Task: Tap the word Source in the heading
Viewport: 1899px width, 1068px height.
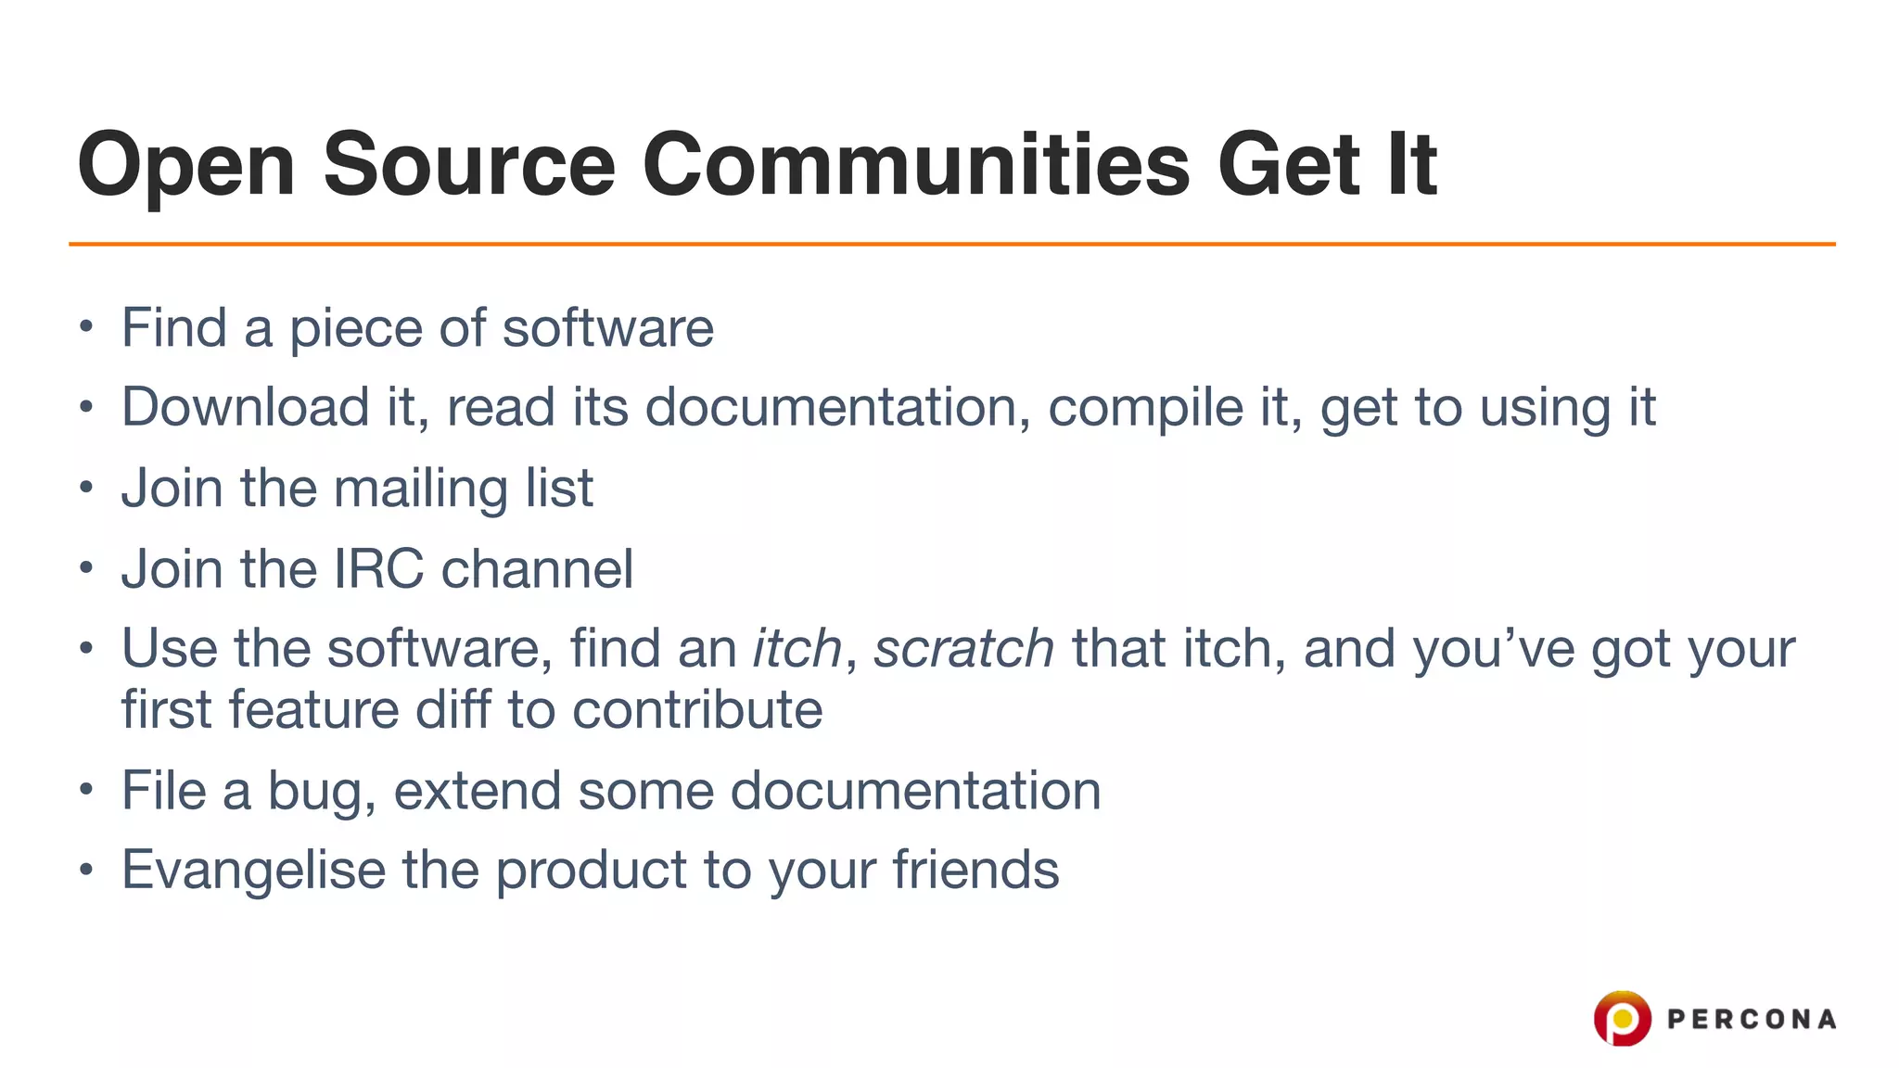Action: point(468,165)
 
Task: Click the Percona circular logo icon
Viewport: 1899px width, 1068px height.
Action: point(1622,1018)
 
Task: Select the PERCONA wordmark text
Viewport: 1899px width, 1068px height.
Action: point(1751,1020)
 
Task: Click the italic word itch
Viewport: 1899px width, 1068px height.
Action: point(797,648)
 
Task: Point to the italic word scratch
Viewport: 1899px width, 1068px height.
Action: point(963,648)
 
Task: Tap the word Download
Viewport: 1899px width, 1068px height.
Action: point(246,407)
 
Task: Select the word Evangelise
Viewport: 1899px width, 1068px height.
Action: point(253,871)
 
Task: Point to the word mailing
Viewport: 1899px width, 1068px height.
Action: point(420,489)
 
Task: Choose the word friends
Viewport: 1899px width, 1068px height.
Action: point(975,870)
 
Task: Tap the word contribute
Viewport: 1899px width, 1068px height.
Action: point(697,710)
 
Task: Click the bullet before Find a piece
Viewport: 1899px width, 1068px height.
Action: point(86,326)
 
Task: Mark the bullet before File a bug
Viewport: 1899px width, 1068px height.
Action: point(86,790)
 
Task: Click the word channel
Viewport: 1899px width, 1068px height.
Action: point(537,568)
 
